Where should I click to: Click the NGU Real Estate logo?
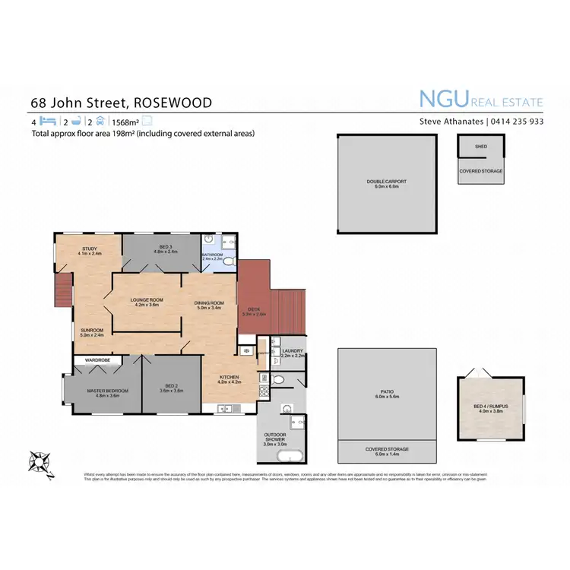coord(481,100)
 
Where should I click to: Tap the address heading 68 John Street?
coord(121,103)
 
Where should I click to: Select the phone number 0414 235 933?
coord(515,121)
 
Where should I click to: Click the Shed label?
coord(480,146)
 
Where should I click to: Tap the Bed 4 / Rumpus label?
coord(490,407)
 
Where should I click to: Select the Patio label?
coord(387,394)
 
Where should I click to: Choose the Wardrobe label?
coord(97,359)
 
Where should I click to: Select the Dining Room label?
coord(207,305)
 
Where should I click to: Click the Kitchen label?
coord(229,378)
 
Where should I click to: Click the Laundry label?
coord(292,353)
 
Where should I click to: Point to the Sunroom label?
coord(92,331)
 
